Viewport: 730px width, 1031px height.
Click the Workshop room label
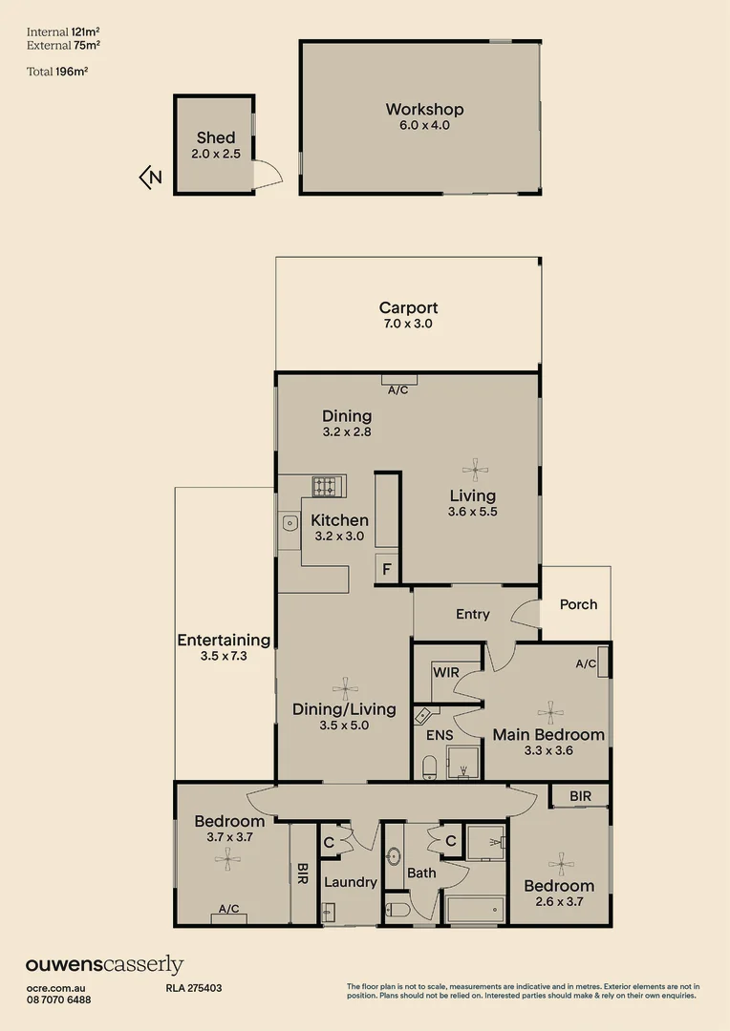[424, 110]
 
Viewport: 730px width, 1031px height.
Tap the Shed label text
[215, 138]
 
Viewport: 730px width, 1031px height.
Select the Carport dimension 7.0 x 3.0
[408, 324]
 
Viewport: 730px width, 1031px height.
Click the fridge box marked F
[386, 569]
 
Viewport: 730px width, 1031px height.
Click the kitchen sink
[290, 522]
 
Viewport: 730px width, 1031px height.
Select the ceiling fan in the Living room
[473, 468]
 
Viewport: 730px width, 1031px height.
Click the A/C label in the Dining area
[398, 390]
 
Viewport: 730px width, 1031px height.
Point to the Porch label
[578, 604]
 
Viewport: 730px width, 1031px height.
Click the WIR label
[446, 672]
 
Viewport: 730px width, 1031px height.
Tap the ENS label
[440, 735]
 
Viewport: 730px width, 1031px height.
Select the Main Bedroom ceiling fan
[549, 709]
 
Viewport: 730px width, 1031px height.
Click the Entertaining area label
[224, 641]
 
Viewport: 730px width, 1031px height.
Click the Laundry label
[350, 882]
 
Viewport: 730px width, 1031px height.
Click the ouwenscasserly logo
[104, 965]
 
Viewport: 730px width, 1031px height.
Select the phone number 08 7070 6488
[58, 999]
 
